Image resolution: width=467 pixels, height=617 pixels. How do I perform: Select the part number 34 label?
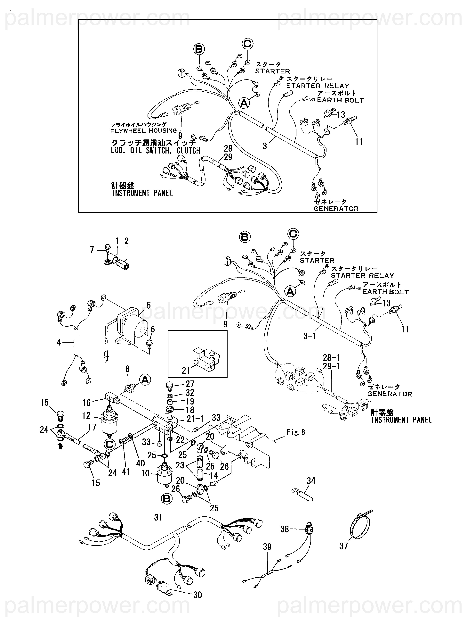(x=311, y=481)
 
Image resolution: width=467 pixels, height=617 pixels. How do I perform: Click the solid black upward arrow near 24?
(x=60, y=446)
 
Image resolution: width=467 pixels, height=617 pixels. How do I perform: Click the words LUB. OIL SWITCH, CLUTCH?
(x=156, y=151)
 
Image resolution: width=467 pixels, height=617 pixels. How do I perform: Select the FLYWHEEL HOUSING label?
(x=143, y=130)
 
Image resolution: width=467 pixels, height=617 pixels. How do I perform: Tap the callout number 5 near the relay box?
(x=149, y=305)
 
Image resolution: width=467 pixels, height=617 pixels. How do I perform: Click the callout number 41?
(x=126, y=472)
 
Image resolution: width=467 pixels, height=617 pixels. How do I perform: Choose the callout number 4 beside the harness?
(x=59, y=342)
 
